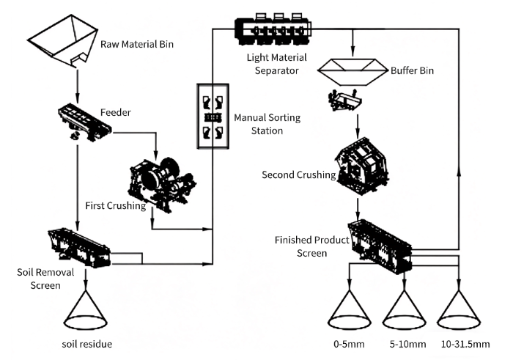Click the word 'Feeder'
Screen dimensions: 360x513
click(115, 113)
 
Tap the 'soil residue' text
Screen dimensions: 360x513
click(86, 343)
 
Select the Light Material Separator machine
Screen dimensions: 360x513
click(272, 29)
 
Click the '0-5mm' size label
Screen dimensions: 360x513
click(349, 343)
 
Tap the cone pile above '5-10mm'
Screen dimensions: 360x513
click(404, 311)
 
